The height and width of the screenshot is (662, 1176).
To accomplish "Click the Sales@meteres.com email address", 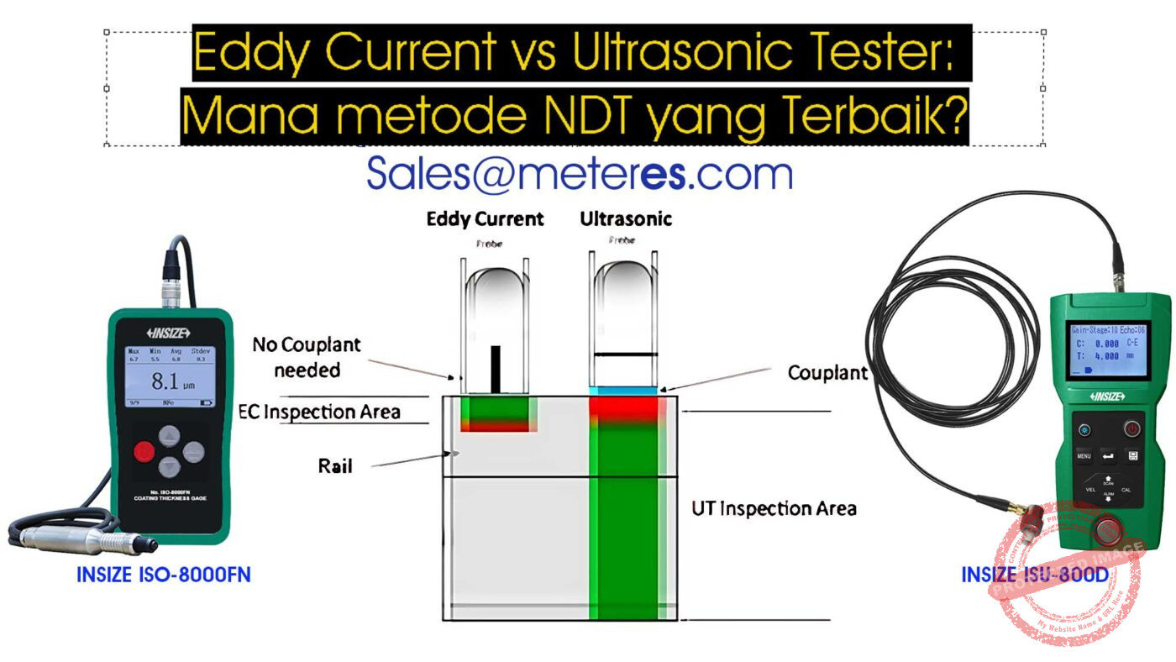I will pos(579,173).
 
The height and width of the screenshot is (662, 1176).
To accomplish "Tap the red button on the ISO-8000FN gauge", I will pos(144,452).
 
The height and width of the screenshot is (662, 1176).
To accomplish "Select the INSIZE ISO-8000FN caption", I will pos(164,575).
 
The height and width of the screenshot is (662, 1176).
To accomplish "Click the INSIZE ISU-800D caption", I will pos(1035,575).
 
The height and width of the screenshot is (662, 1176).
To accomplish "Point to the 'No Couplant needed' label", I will pos(307,357).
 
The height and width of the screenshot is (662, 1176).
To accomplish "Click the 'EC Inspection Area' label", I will pos(320,412).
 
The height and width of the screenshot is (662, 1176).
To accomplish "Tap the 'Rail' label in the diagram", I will pos(334,465).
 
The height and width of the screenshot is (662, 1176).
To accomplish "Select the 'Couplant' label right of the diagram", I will pos(827,373).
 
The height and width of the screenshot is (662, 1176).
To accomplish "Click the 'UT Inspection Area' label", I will pos(774,508).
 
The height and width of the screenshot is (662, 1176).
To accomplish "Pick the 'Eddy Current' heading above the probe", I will pos(486,220).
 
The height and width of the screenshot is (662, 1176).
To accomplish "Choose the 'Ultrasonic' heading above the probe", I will pos(626,220).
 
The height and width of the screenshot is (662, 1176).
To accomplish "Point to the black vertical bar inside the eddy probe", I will pos(496,369).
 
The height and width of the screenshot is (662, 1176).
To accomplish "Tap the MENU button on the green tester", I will pos(1084,456).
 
